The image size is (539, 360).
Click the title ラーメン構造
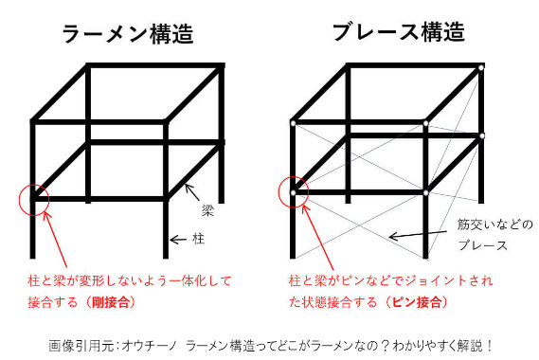[128, 33]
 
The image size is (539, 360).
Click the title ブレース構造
[399, 31]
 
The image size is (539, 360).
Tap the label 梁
[208, 210]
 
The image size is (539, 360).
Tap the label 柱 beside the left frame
[198, 239]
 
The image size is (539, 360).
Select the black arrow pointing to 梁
[192, 192]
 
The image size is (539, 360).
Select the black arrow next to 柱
[178, 240]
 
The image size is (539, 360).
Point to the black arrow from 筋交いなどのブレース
[418, 235]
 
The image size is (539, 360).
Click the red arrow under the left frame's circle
[55, 240]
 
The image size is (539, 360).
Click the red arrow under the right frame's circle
[318, 237]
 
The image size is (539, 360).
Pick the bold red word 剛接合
[110, 302]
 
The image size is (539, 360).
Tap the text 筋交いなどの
[494, 225]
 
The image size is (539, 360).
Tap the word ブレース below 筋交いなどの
[482, 245]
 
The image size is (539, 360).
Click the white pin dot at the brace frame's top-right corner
[481, 67]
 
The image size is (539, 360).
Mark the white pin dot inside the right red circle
[294, 192]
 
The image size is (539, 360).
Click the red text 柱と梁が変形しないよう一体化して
[130, 281]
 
